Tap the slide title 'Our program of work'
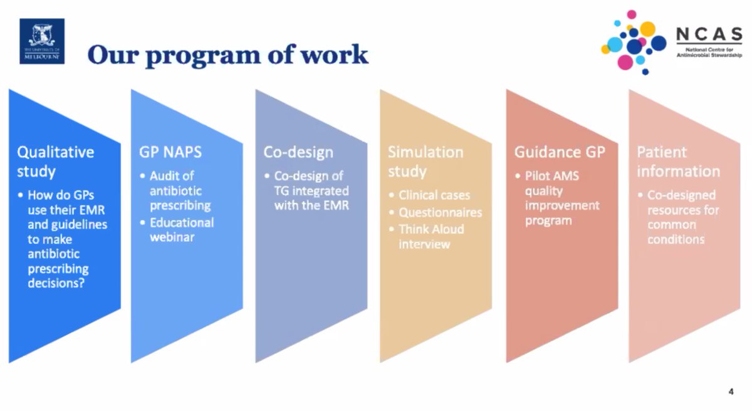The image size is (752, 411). pos(227,55)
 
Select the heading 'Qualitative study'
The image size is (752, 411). pos(55,161)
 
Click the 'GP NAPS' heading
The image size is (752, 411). pos(167,152)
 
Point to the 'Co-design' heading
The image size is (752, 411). pos(298,152)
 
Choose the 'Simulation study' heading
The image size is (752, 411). pos(425,161)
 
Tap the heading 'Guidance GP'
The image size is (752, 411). pos(560,152)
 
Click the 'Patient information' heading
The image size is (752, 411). pos(678,161)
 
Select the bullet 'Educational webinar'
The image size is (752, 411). pos(181,230)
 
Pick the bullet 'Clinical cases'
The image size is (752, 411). pos(434,195)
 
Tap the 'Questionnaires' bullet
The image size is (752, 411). pos(440,212)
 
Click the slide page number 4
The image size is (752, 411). pos(731,392)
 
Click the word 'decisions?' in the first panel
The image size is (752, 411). pos(56,284)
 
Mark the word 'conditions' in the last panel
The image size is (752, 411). pos(676,239)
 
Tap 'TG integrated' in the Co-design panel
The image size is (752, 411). pos(311,190)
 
